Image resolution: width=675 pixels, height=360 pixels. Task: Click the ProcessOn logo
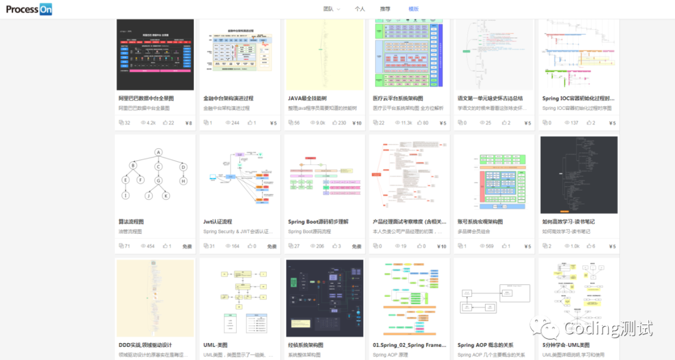click(29, 9)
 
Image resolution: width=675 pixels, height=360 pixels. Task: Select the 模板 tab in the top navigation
click(414, 9)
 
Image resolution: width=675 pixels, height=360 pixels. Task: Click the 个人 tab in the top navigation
click(359, 9)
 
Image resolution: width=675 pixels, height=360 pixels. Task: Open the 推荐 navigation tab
click(385, 9)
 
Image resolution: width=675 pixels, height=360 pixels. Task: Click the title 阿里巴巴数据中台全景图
click(146, 98)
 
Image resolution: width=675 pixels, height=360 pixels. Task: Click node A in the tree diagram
click(159, 152)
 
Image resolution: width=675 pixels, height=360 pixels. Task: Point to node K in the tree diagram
click(166, 196)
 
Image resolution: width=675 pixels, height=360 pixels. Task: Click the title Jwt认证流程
click(217, 221)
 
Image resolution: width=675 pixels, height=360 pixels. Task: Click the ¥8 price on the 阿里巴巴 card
click(188, 123)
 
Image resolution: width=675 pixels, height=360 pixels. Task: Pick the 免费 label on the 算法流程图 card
click(187, 246)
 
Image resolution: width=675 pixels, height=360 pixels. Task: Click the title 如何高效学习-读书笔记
click(568, 221)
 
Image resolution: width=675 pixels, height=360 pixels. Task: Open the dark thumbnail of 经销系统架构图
click(324, 299)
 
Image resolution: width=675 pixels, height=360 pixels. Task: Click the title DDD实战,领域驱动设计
click(145, 345)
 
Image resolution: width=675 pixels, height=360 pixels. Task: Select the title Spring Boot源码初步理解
click(318, 221)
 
